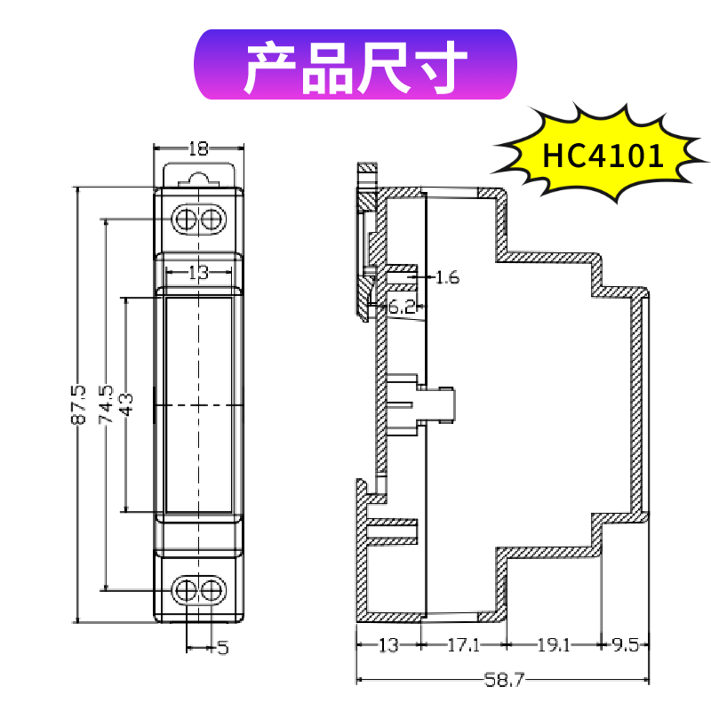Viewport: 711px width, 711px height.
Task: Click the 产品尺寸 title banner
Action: click(355, 66)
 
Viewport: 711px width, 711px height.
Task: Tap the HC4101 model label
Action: click(603, 156)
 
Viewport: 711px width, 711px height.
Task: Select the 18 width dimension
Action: click(198, 149)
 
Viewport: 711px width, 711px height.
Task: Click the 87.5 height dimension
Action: click(79, 404)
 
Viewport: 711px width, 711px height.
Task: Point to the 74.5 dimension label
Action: click(106, 404)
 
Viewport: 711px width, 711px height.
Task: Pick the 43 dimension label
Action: click(126, 405)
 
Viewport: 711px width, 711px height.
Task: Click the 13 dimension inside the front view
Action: click(198, 274)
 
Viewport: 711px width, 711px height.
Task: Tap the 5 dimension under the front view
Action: click(222, 649)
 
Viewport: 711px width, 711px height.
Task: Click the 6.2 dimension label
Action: click(402, 308)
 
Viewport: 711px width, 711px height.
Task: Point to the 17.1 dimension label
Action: click(464, 646)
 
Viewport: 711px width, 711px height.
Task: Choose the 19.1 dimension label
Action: click(553, 646)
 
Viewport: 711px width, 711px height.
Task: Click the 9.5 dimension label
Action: click(626, 646)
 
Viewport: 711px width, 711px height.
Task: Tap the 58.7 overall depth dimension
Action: click(503, 681)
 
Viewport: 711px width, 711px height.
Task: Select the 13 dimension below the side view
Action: click(388, 646)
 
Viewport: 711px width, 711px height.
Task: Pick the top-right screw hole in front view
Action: click(211, 219)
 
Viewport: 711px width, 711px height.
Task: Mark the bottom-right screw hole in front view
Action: click(211, 590)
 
